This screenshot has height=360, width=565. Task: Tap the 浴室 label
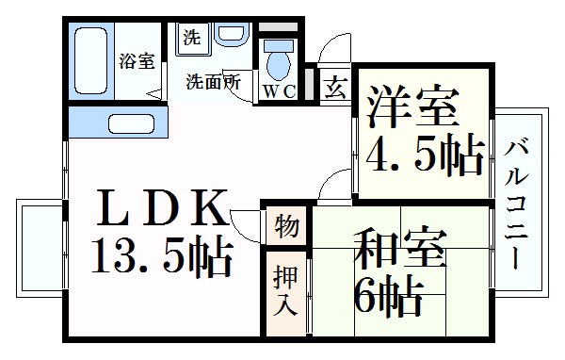point(137,62)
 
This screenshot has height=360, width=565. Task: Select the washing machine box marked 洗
point(192,39)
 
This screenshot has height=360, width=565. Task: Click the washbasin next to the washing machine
point(229,36)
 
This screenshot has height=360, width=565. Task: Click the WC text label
point(279,91)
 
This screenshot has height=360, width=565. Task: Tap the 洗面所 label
point(212,81)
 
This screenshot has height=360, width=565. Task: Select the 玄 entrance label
point(334,89)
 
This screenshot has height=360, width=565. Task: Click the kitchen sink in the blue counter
point(132,123)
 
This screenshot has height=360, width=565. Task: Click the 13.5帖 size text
point(161,255)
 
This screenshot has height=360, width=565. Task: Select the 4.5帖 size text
point(425,154)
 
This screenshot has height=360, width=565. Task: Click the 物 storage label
point(287,226)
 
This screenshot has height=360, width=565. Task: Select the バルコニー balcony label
point(517,204)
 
